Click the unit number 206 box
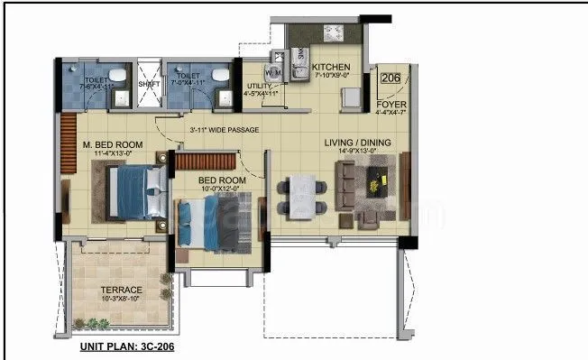pyautogui.click(x=390, y=78)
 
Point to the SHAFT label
pyautogui.click(x=149, y=85)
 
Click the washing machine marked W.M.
pyautogui.click(x=272, y=70)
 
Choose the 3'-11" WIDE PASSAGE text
pyautogui.click(x=224, y=130)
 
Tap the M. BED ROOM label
pyautogui.click(x=112, y=145)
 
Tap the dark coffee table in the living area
pyautogui.click(x=376, y=183)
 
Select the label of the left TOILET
pyautogui.click(x=96, y=80)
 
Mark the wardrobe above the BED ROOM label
pyautogui.click(x=205, y=162)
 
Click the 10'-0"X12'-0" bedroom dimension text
pyautogui.click(x=222, y=189)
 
